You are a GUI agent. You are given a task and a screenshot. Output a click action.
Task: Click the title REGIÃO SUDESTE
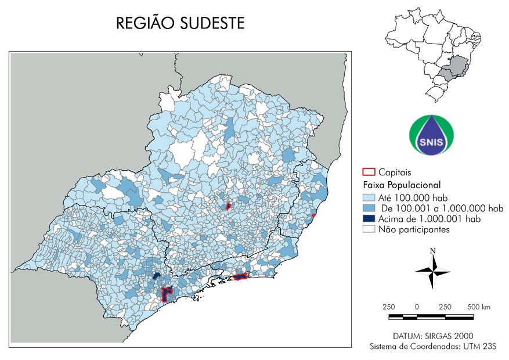coord(181,23)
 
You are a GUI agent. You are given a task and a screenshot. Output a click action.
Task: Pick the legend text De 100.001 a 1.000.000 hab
coord(441,208)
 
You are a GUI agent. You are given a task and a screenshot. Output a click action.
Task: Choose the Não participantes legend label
coord(414,229)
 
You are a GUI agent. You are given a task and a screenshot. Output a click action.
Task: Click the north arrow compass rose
coord(432,272)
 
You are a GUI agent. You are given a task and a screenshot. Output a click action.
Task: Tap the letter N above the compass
coord(432,251)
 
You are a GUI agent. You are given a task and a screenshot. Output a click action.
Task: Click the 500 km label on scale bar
coord(479,307)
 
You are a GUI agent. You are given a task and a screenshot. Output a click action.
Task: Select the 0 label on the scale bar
coord(417,307)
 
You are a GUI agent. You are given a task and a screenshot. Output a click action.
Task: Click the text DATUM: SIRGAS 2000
coord(432,336)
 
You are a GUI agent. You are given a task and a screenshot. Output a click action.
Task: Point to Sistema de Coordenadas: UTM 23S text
coord(433,347)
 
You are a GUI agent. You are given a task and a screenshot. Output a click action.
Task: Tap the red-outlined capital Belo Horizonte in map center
coord(229,206)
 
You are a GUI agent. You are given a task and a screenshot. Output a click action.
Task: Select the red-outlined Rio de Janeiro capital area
coord(240,277)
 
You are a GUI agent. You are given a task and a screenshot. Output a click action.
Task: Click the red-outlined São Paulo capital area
coord(167,293)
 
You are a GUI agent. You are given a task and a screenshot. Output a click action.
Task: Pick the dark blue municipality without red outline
coord(156,276)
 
